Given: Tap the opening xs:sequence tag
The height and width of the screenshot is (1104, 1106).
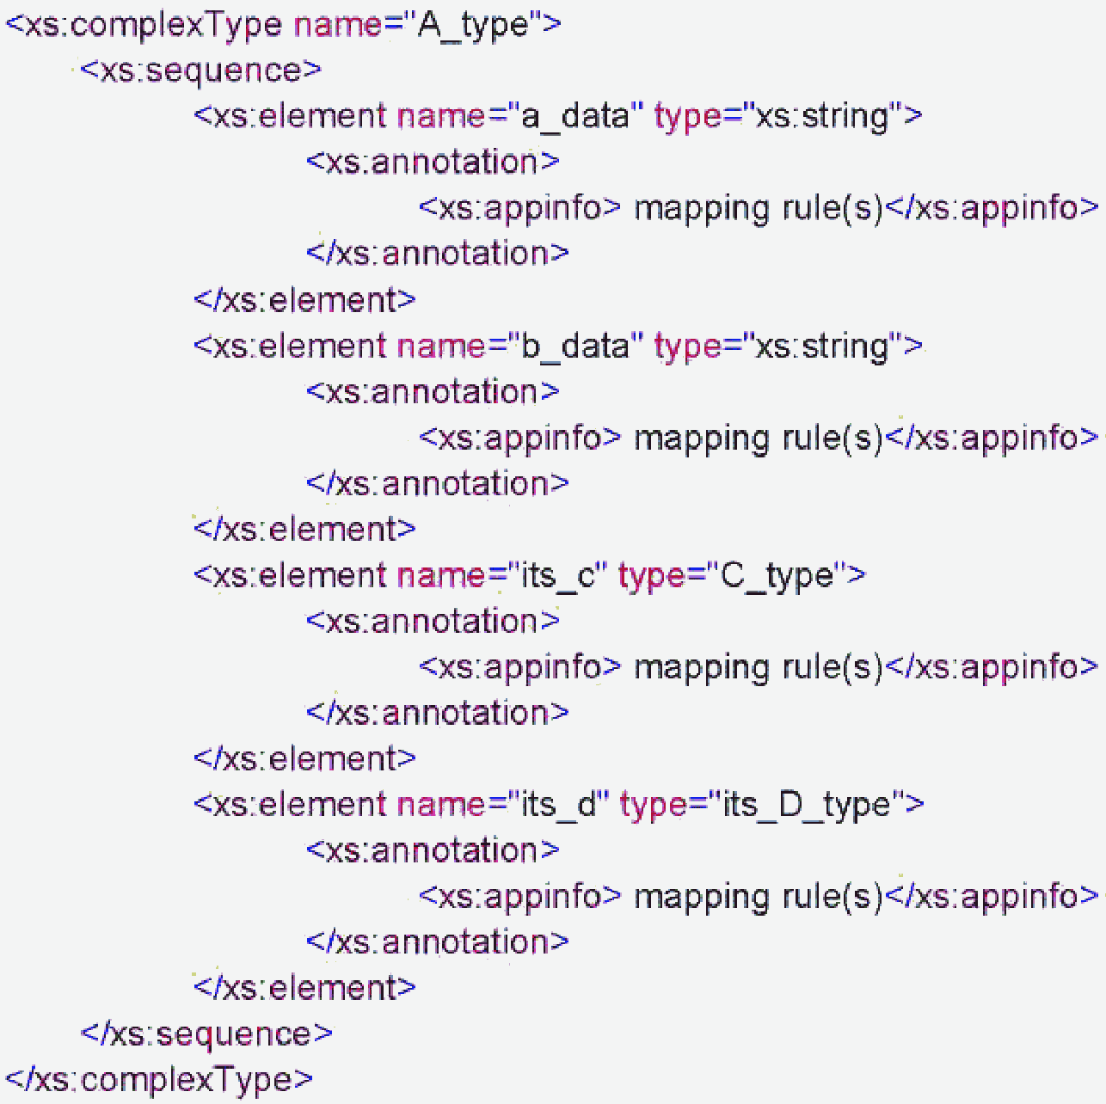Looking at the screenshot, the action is click(x=200, y=71).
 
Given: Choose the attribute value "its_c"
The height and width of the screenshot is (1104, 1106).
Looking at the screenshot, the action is click(x=559, y=576).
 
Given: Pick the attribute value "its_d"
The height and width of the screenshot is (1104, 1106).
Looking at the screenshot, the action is click(x=560, y=806).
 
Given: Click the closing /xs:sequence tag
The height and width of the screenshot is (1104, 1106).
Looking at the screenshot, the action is click(x=206, y=1034).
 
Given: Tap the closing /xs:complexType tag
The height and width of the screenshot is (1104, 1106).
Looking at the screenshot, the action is click(x=159, y=1080).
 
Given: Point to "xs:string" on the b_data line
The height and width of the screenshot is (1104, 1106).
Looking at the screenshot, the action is click(x=821, y=347).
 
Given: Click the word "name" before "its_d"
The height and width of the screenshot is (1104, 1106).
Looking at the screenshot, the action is click(x=441, y=806).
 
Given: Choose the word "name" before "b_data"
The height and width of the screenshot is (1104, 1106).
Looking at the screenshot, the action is click(x=441, y=347).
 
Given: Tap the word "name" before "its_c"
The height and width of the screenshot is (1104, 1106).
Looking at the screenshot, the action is click(x=441, y=576).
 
